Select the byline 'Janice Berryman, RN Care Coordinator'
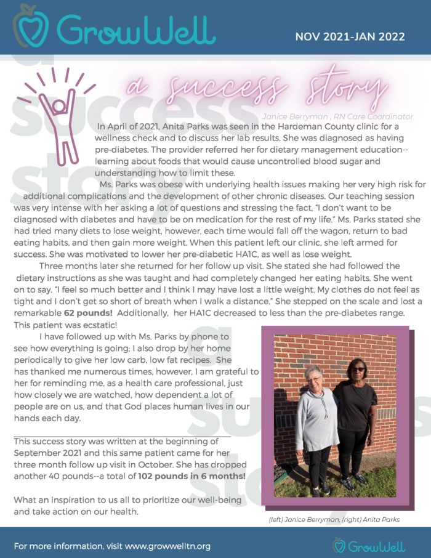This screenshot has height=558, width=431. coord(337,116)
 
